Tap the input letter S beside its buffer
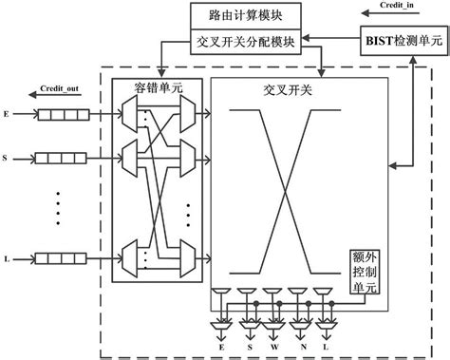(8, 153)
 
